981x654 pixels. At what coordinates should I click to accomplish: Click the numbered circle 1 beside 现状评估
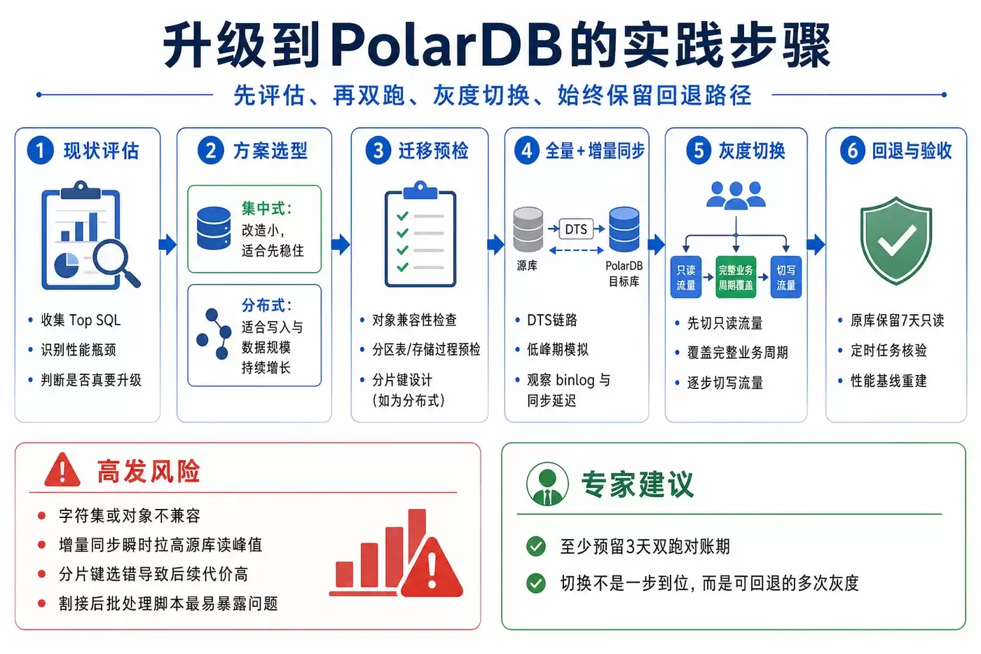pos(41,150)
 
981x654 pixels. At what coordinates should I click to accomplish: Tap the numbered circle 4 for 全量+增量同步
pos(526,150)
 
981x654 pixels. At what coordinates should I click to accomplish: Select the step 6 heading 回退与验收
pos(912,151)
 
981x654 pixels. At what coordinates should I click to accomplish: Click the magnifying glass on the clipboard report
pos(116,263)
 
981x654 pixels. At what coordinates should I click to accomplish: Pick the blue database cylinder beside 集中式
pos(214,229)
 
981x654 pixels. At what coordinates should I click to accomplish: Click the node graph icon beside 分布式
pos(214,334)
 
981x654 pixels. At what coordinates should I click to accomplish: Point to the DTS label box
pos(576,229)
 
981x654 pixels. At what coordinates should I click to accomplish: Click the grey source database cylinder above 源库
pos(528,229)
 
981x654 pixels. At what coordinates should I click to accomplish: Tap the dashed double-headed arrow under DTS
pos(576,250)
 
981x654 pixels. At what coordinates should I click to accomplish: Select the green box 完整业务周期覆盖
pos(736,278)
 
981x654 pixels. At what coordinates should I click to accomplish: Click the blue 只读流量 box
pos(686,278)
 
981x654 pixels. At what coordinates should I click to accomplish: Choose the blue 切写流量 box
pos(786,278)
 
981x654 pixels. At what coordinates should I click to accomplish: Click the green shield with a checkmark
pos(896,240)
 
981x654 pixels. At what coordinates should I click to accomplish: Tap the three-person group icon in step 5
pos(736,196)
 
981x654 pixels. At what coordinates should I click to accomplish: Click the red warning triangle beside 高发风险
pos(62,470)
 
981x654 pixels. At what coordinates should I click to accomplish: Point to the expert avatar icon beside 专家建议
pos(547,484)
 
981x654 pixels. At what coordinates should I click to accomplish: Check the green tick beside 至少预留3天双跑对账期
pos(536,546)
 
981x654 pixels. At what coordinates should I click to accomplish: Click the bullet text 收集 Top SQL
pos(81,320)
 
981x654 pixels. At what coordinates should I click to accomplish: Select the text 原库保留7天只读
pos(898,320)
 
